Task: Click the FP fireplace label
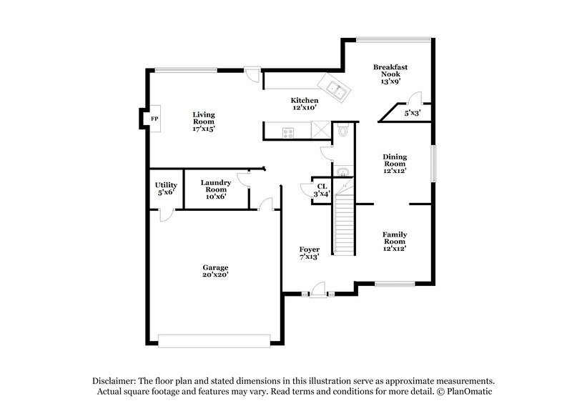(154, 118)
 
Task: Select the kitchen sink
(335, 89)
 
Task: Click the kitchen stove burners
(289, 131)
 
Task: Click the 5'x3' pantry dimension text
(413, 113)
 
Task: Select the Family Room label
(394, 238)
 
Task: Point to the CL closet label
(322, 186)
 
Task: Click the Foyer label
(309, 249)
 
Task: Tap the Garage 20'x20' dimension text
(214, 274)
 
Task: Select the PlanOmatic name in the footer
(468, 392)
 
